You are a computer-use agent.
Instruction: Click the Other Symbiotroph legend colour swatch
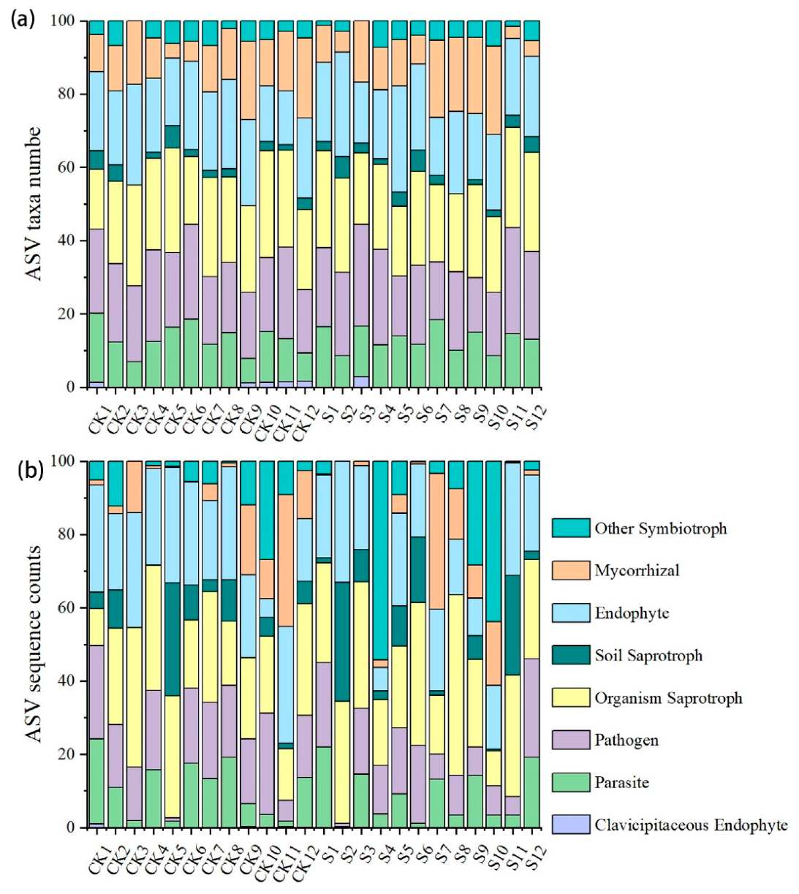click(x=570, y=528)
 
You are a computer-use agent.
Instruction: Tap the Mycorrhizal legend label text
click(x=637, y=570)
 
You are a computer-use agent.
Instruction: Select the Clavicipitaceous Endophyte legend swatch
click(x=570, y=825)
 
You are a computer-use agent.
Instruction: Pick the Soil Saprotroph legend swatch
click(x=570, y=655)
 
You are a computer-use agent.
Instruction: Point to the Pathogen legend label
click(x=626, y=740)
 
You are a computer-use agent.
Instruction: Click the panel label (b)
click(x=29, y=471)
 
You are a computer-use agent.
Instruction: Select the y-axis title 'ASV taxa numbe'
click(x=33, y=204)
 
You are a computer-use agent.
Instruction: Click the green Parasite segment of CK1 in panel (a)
click(x=97, y=348)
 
